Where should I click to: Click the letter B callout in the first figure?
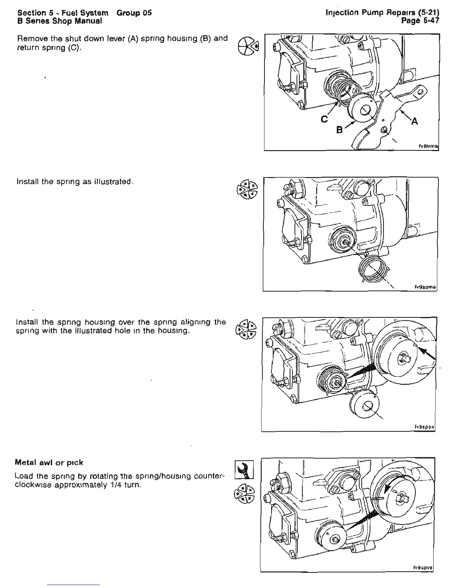click(x=339, y=130)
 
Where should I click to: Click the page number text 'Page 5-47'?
click(x=421, y=21)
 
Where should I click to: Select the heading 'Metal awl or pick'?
click(x=49, y=463)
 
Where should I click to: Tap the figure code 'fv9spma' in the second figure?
click(x=425, y=287)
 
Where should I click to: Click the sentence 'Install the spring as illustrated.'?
click(x=75, y=182)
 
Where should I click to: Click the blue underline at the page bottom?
click(x=74, y=585)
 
